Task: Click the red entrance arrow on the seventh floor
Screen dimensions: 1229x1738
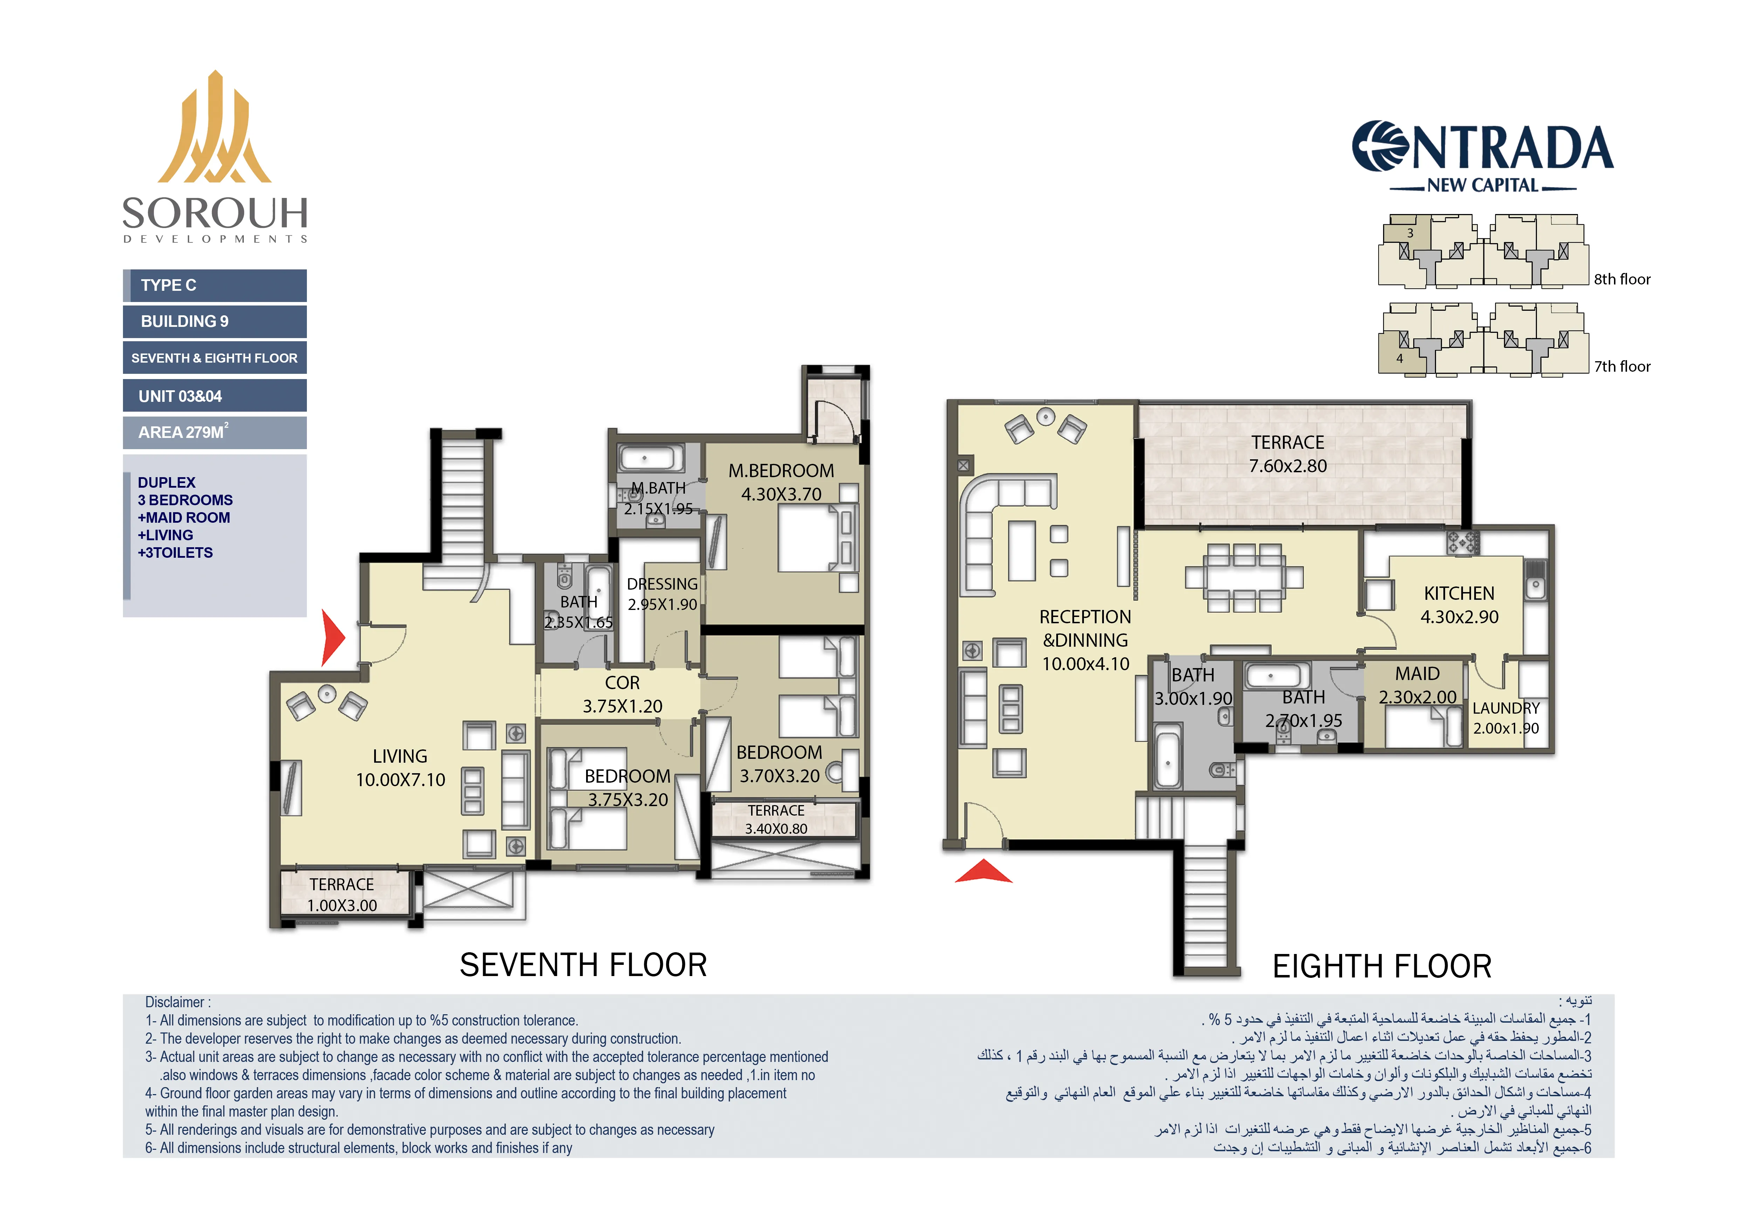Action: tap(331, 638)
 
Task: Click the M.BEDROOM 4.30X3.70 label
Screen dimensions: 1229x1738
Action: tap(781, 482)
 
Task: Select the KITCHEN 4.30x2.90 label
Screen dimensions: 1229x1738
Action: tap(1459, 605)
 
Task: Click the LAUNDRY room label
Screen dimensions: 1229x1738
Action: tap(1506, 718)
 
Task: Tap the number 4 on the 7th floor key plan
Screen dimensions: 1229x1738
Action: tap(1400, 359)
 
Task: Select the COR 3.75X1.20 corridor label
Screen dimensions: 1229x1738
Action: tap(622, 694)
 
